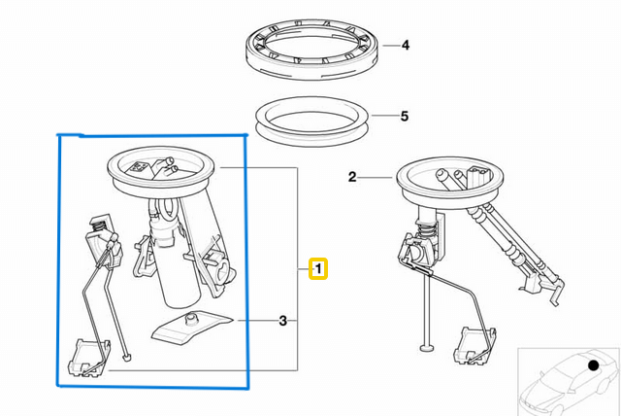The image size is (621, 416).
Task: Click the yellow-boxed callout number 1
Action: point(318,268)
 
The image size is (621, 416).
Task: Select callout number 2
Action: point(353,177)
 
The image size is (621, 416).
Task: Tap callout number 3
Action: point(282,321)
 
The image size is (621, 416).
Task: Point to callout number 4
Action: point(406,45)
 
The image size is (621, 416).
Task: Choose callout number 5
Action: point(405,117)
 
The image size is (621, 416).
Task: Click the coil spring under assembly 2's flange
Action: point(424,234)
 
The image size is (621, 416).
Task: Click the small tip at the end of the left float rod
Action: point(127,361)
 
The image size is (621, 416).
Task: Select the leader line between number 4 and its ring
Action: point(387,45)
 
